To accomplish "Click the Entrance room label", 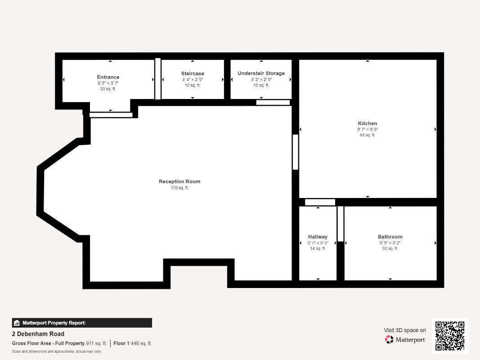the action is tap(108, 77).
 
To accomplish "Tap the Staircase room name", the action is tap(193, 73).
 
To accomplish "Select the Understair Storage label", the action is tap(261, 73).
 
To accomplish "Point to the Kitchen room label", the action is tap(368, 123).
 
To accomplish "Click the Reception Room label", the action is tap(179, 181).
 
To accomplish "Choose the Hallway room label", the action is tap(318, 237).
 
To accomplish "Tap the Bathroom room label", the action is tap(390, 237).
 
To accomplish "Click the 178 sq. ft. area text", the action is tap(179, 188).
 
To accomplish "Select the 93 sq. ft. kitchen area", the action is tap(368, 135).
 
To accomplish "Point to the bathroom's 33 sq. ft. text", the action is tap(390, 248).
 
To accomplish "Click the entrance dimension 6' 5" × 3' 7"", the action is tap(108, 83).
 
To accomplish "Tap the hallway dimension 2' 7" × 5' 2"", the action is tap(318, 243).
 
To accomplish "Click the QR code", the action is tap(450, 336).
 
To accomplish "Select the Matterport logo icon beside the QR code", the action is tap(389, 339).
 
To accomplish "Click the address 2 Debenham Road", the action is tap(38, 334).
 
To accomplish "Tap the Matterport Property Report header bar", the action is tap(82, 323).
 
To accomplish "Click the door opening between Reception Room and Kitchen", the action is tap(296, 152).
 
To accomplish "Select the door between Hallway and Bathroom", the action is tap(341, 224).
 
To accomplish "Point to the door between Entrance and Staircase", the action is tap(157, 79).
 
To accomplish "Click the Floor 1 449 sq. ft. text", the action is tap(133, 343).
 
